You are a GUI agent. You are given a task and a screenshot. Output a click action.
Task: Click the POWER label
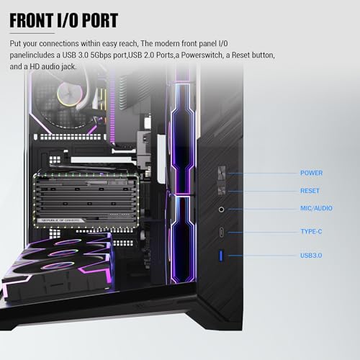point(311,173)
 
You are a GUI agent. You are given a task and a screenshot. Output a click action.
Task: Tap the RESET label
point(310,191)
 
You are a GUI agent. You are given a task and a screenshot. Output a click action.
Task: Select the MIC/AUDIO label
point(316,208)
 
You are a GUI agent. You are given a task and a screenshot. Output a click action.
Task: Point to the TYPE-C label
point(311,231)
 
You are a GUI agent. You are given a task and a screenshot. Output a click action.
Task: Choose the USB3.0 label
point(311,255)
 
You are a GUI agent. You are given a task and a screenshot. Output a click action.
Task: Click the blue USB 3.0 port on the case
point(221,256)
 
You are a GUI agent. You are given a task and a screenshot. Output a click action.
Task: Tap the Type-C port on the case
point(221,232)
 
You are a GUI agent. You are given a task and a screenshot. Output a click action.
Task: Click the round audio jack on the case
point(221,210)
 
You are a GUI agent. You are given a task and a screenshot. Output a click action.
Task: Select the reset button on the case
point(221,190)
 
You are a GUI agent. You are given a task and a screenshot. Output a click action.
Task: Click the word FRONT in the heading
point(32,20)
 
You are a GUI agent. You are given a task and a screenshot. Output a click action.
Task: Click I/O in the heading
point(68,20)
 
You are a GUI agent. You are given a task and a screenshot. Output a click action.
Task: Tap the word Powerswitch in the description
point(202,55)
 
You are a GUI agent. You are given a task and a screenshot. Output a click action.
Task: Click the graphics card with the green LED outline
point(86,200)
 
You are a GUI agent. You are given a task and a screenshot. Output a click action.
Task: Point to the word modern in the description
point(167,43)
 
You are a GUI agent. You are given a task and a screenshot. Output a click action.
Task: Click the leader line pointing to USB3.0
point(263,256)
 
